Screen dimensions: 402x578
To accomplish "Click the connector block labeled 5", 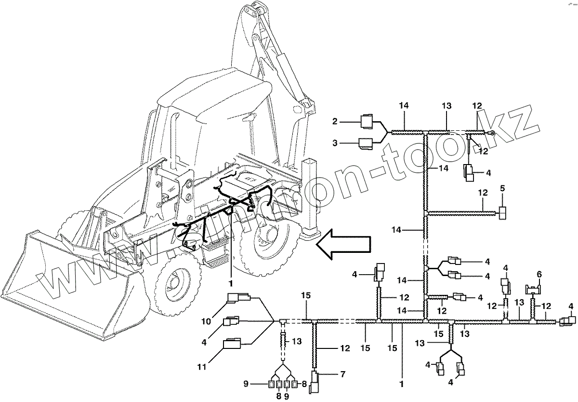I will click(x=503, y=212).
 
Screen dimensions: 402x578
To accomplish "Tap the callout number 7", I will click(x=343, y=374).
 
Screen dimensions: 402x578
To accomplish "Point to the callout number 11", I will click(x=202, y=367).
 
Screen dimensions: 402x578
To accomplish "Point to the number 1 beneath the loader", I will click(x=231, y=282).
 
